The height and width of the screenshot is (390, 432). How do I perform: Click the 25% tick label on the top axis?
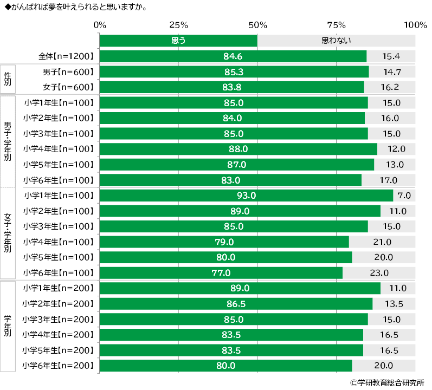178,25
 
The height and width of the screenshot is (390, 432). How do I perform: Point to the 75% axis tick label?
337,25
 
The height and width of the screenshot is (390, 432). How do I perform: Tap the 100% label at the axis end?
415,25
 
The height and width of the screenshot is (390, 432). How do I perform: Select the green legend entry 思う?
178,41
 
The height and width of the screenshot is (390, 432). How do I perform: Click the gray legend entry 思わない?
336,41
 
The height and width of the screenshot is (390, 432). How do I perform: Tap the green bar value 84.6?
233,56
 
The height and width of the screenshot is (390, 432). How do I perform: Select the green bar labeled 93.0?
246,196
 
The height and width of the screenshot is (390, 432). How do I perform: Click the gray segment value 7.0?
404,196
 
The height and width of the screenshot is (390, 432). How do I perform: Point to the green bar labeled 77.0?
221,273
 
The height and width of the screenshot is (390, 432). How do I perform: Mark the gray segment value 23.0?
379,273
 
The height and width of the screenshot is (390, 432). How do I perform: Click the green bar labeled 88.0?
238,149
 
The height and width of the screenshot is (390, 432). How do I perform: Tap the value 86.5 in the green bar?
236,304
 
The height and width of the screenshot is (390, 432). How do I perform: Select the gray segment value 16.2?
390,87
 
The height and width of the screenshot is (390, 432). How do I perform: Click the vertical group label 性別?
8,79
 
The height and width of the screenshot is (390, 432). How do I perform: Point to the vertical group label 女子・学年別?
8,233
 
